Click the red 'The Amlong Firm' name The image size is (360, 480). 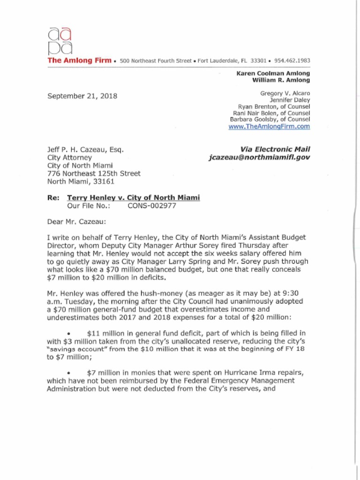click(x=80, y=60)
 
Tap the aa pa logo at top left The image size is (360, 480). click(x=60, y=41)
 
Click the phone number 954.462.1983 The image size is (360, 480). click(x=292, y=61)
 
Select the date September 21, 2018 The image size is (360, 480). click(x=82, y=96)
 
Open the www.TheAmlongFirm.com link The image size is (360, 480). click(x=269, y=127)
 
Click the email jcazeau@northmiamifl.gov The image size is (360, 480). click(x=259, y=158)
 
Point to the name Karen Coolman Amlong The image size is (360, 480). click(x=273, y=74)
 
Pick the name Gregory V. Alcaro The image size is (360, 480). click(x=285, y=93)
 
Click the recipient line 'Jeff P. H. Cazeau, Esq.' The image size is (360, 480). click(x=85, y=150)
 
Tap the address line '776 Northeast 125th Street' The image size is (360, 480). click(x=94, y=173)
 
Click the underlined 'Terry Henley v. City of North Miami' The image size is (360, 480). click(x=134, y=198)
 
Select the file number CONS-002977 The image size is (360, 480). click(x=152, y=205)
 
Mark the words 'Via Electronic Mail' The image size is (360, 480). click(x=275, y=150)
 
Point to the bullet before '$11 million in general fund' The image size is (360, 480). click(x=69, y=334)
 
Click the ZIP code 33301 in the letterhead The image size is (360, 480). click(x=258, y=61)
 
